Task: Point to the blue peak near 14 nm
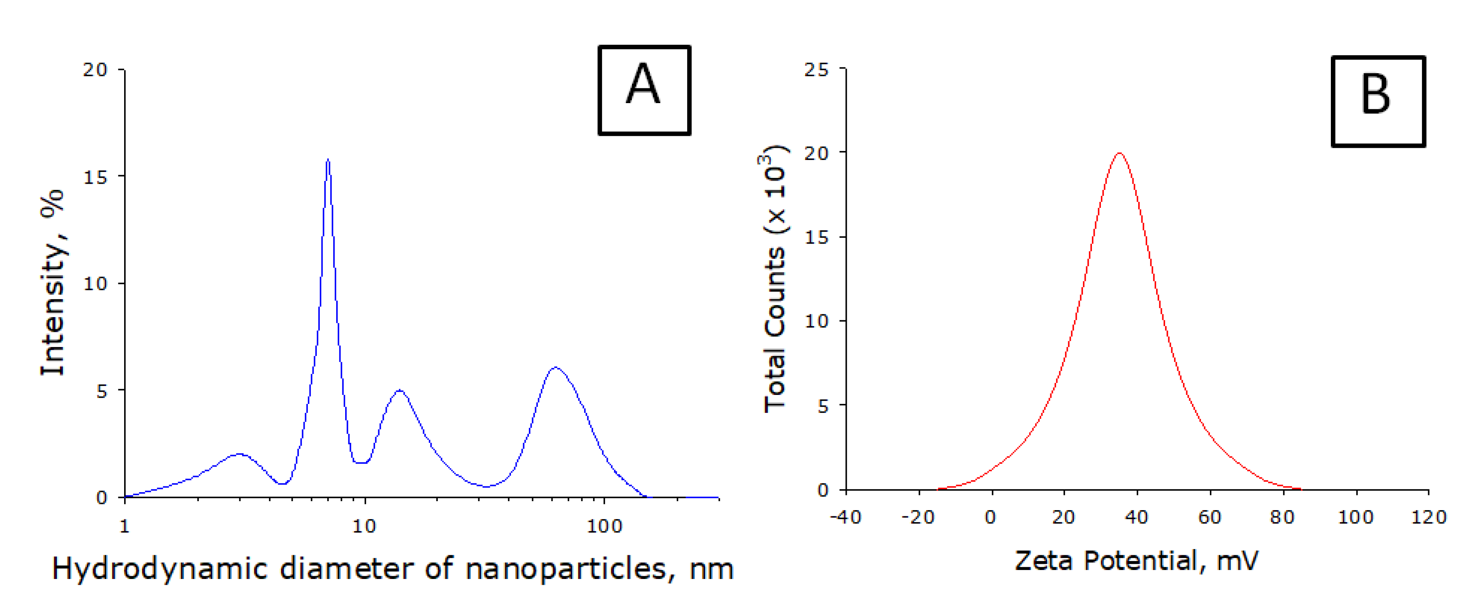point(399,391)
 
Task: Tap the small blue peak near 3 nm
point(239,454)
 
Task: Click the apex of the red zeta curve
point(1120,154)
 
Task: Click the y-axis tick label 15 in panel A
point(95,177)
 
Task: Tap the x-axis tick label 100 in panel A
point(604,526)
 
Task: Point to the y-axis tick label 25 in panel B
point(816,70)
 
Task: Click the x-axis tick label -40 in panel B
point(846,517)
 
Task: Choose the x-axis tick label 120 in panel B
point(1429,517)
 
